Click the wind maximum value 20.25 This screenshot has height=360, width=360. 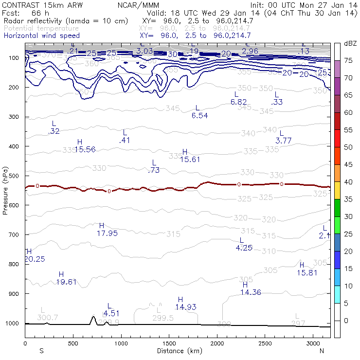(x=35, y=259)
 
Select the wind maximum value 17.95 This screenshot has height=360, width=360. (x=107, y=233)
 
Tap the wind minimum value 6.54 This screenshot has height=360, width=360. (x=199, y=115)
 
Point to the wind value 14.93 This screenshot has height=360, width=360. (x=186, y=306)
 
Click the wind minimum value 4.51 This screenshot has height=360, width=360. (x=111, y=313)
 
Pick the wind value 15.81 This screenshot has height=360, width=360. (x=307, y=272)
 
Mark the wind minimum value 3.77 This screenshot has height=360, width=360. (x=284, y=141)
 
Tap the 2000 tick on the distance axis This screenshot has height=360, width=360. (x=217, y=343)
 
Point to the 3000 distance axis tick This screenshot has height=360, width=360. (x=313, y=343)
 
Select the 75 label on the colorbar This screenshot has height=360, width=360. (x=349, y=60)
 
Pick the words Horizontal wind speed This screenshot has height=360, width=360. (x=41, y=36)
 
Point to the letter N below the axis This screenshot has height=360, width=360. (x=322, y=351)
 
